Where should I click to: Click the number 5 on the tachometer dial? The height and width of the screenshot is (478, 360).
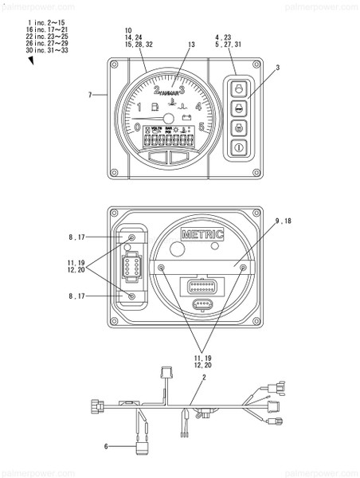click(202, 127)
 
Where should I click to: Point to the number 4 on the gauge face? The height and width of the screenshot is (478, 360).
click(198, 106)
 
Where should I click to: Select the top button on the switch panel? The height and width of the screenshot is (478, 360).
click(238, 86)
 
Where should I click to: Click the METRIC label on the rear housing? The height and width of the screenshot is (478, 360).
click(202, 234)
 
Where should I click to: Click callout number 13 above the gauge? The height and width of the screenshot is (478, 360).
click(191, 45)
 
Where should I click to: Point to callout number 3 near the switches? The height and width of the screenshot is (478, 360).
click(277, 69)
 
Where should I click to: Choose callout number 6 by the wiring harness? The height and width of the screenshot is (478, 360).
click(105, 447)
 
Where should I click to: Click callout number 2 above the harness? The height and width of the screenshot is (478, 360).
click(204, 376)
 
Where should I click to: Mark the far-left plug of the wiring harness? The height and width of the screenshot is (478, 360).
click(96, 404)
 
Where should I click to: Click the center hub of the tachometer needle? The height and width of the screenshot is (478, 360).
click(170, 119)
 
